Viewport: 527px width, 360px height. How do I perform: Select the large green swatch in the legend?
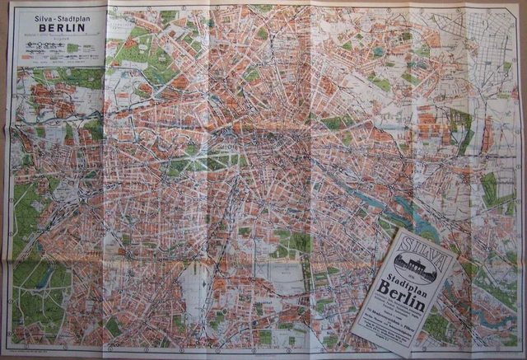[72, 48]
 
